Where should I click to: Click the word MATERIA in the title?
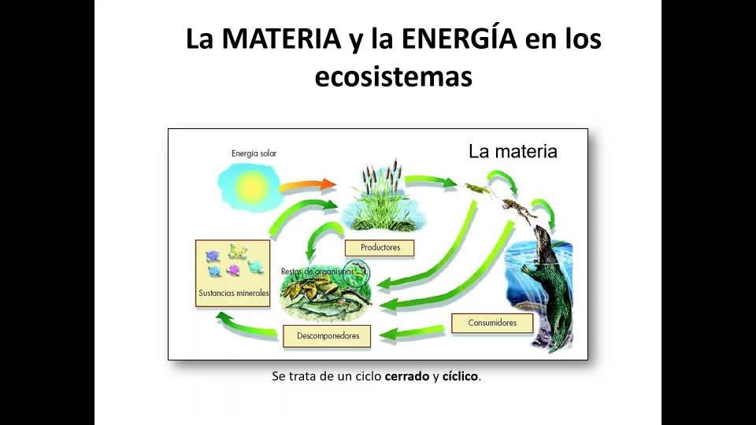282,39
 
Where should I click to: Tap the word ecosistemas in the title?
394,76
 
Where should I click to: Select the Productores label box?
380,248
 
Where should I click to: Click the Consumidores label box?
492,323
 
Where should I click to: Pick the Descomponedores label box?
327,336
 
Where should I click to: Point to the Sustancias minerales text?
234,293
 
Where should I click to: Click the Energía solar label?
254,153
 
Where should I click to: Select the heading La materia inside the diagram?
513,152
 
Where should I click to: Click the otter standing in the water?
551,284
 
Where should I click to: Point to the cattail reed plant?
382,196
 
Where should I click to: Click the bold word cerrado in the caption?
407,376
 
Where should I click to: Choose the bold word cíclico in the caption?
460,376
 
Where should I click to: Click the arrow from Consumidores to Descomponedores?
412,333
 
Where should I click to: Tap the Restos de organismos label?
317,272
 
